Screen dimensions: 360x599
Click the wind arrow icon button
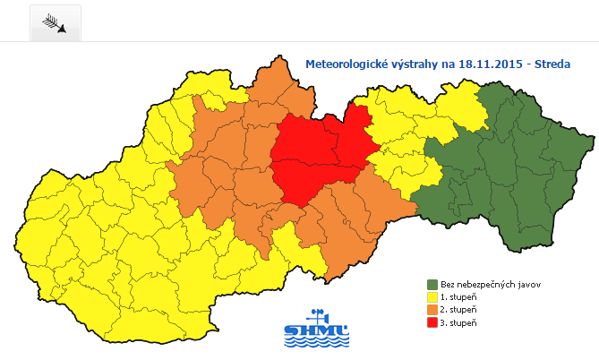coord(56,23)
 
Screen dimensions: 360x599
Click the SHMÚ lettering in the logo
coord(316,336)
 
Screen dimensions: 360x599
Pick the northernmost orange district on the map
coord(273,85)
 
